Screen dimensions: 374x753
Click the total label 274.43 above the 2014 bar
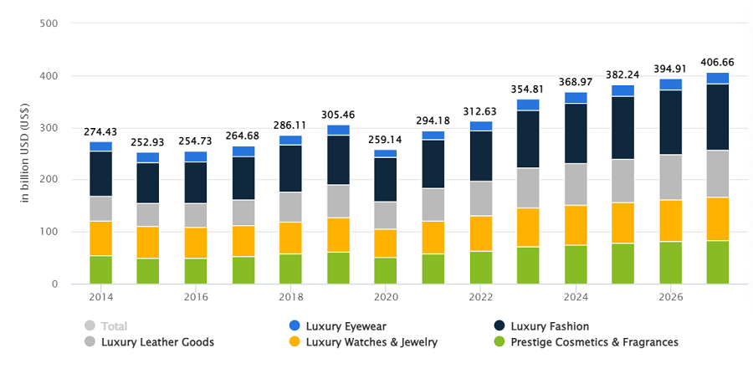pos(101,132)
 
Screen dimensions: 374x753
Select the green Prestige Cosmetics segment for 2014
pos(101,269)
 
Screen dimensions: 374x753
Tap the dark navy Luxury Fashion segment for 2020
pos(386,179)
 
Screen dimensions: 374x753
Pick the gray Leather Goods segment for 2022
pos(481,198)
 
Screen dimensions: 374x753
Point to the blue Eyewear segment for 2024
pos(576,97)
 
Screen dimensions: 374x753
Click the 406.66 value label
pos(717,62)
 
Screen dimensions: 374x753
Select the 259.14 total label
pos(386,141)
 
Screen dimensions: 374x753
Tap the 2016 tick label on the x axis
pos(196,297)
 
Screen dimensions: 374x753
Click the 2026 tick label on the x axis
pos(670,297)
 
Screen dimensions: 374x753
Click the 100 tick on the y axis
pos(49,232)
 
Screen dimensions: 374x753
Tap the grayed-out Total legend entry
pos(115,326)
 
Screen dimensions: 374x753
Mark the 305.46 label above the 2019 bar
pos(338,115)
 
